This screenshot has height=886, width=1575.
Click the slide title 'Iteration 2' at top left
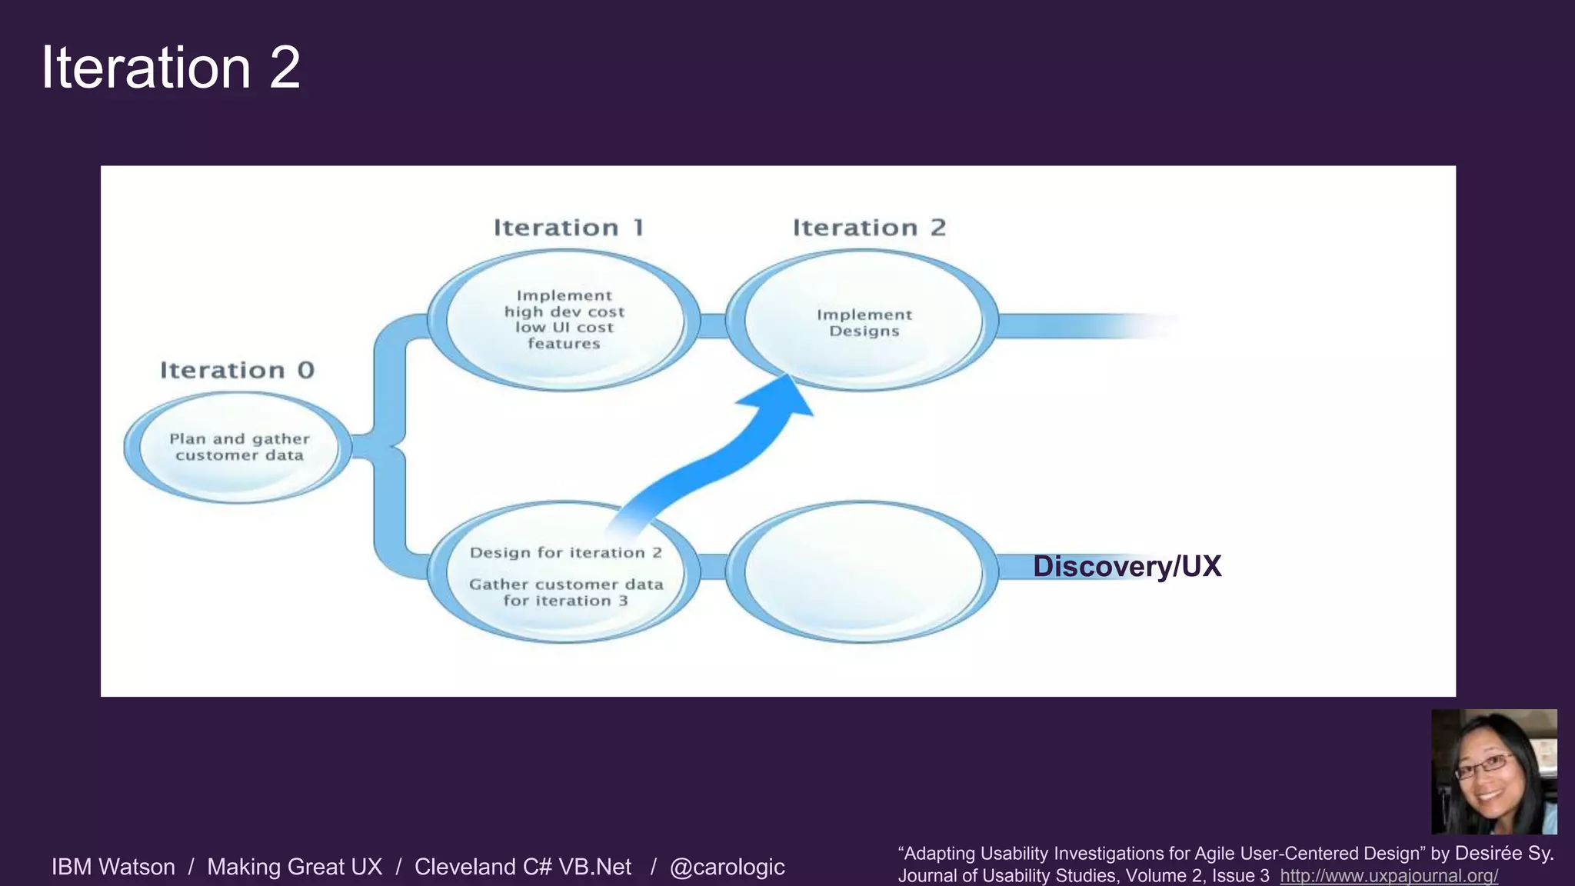[x=171, y=68]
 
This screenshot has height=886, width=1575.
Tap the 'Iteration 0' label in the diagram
[x=237, y=371]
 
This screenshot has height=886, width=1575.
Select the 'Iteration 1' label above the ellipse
[x=568, y=228]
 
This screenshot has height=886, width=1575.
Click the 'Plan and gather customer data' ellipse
[x=238, y=448]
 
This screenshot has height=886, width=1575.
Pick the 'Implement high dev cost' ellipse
[x=564, y=320]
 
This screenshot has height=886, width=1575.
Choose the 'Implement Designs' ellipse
[x=863, y=321]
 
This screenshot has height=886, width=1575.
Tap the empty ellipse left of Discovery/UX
[x=863, y=571]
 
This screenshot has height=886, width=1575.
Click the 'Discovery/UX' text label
[x=1127, y=567]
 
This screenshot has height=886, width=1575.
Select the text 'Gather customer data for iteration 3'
[x=565, y=593]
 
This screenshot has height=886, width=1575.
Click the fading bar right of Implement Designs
[x=1084, y=326]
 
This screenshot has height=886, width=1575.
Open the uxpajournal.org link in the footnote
[x=1388, y=876]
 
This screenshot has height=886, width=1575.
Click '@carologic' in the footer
[x=727, y=867]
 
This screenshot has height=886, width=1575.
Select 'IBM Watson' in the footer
[x=113, y=867]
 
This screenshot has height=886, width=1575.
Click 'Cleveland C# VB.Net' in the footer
[x=522, y=867]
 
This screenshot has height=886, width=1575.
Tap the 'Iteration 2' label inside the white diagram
[x=869, y=228]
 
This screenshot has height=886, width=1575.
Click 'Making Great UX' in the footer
[x=295, y=867]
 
